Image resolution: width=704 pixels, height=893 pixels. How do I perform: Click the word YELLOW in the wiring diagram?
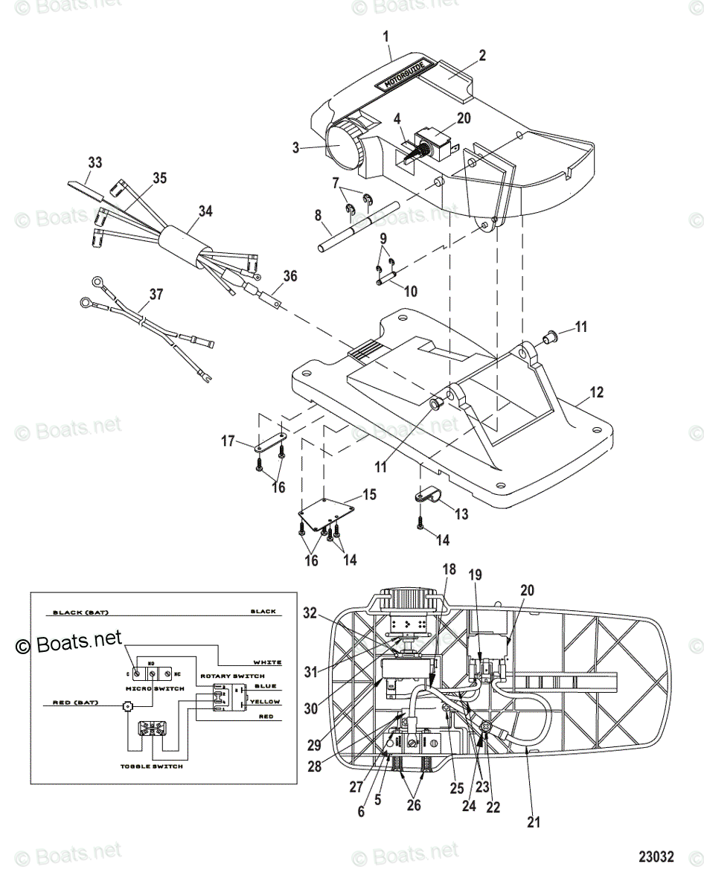click(266, 702)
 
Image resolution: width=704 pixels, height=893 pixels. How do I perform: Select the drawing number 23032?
click(655, 857)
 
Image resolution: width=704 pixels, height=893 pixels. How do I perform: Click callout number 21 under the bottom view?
click(534, 822)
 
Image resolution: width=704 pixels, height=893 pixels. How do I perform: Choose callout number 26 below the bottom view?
click(415, 804)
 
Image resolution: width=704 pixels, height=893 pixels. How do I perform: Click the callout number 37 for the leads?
click(155, 295)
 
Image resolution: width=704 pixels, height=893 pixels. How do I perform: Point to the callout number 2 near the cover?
click(482, 55)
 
